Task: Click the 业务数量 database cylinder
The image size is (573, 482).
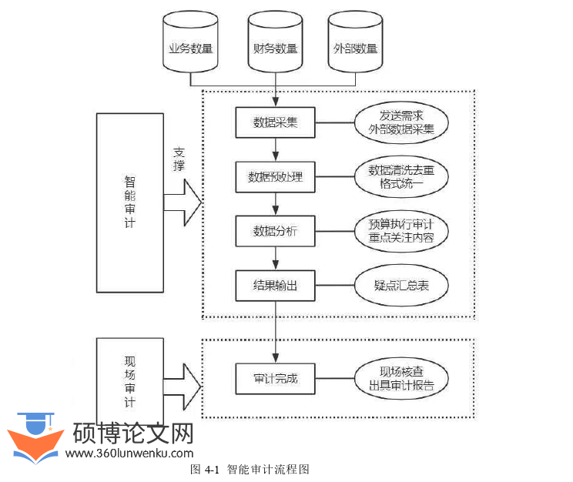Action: tap(191, 46)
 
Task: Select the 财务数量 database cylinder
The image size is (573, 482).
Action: tap(274, 46)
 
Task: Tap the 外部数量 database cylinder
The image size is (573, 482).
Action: tap(355, 46)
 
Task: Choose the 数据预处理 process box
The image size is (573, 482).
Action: tap(276, 177)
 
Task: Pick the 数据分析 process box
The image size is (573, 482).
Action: tap(276, 231)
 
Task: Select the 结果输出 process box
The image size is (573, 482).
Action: tap(276, 286)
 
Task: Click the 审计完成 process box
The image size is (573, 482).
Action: tap(276, 378)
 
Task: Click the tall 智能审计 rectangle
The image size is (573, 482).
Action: tap(129, 202)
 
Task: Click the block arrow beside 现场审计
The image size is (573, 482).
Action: tap(182, 381)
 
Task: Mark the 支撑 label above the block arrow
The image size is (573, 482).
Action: tap(179, 159)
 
